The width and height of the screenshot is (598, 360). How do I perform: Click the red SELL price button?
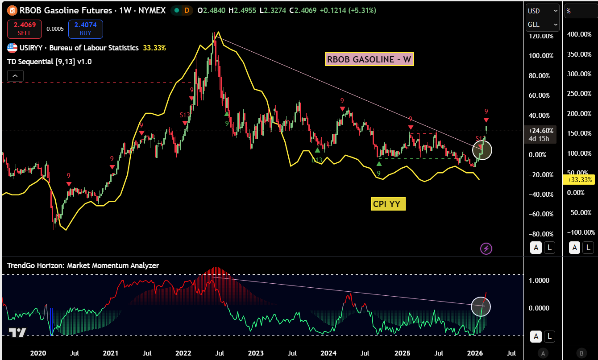coord(25,29)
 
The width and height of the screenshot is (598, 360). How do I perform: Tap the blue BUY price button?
coord(86,29)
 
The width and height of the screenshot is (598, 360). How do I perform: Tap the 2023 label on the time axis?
coord(256,353)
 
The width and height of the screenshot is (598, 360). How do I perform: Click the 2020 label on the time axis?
coord(38,353)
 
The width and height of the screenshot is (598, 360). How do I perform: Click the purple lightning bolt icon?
coord(486,248)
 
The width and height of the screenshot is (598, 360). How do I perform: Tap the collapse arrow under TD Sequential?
coord(15,76)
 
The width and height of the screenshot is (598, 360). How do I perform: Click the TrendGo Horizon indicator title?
coord(83,265)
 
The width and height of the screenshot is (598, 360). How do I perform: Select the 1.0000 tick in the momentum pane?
coord(539,281)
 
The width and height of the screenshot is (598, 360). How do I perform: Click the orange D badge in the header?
coord(187,10)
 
